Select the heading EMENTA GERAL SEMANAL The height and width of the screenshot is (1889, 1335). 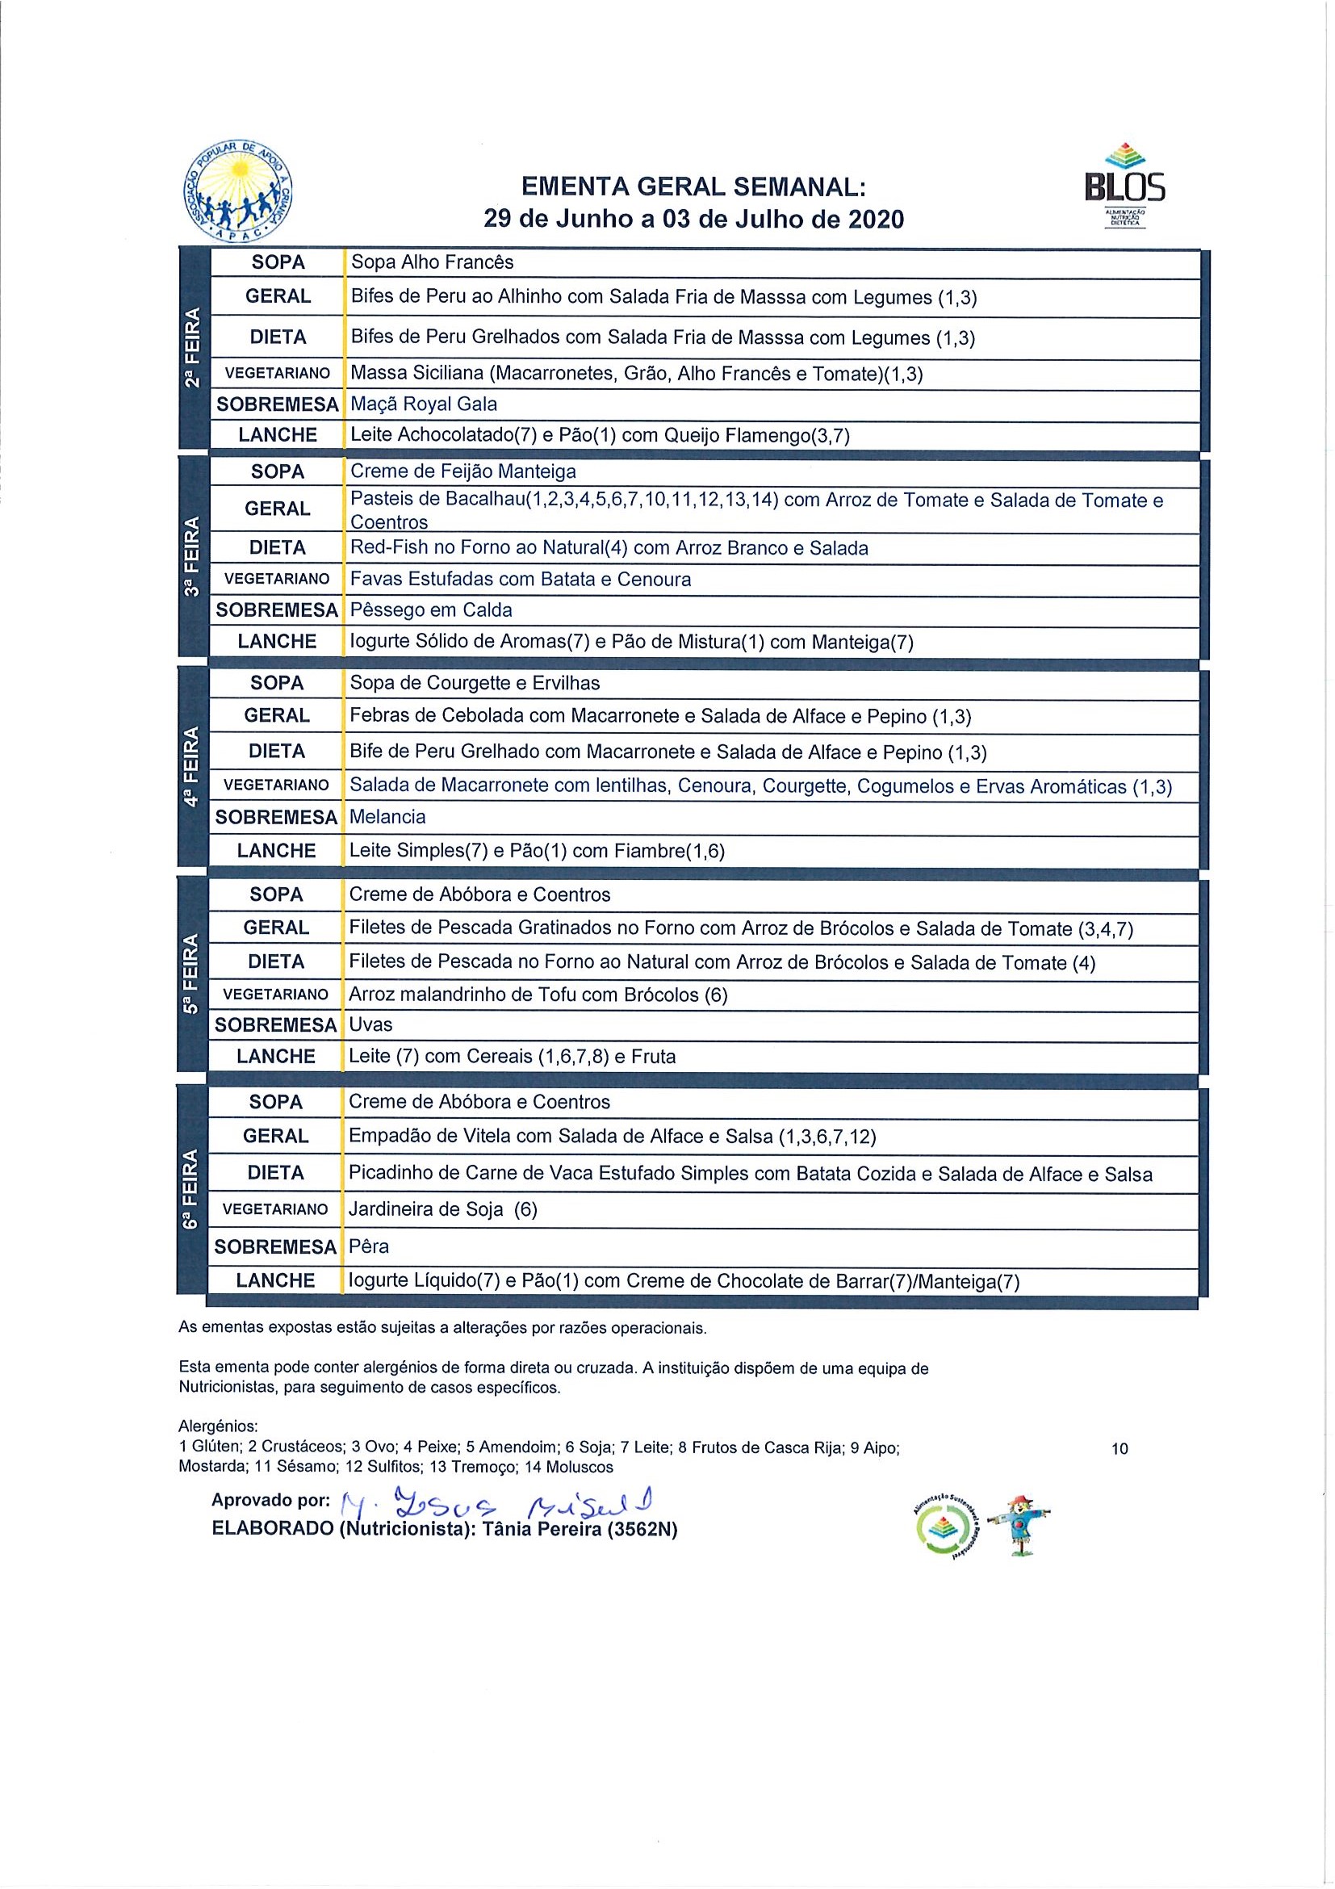(x=693, y=186)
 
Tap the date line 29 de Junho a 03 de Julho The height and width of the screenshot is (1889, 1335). (x=693, y=219)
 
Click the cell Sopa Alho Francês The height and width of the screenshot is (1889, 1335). (x=432, y=262)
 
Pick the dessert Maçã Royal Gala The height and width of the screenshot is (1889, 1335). (x=424, y=404)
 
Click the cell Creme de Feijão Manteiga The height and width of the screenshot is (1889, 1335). (x=463, y=471)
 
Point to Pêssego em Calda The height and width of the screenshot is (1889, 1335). (x=431, y=610)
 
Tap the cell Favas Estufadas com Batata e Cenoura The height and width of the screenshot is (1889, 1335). (x=521, y=579)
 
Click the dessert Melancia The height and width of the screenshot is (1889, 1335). (x=387, y=817)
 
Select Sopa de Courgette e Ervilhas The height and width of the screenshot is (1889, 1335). (x=475, y=683)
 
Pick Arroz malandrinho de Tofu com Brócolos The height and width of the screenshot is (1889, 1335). (x=538, y=995)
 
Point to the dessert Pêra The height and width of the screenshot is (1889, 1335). (x=370, y=1246)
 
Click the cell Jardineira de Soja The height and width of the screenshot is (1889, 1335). (x=442, y=1209)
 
